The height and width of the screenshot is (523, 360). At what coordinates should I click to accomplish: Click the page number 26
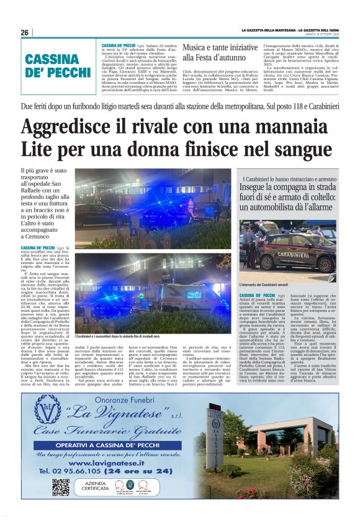click(25, 32)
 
